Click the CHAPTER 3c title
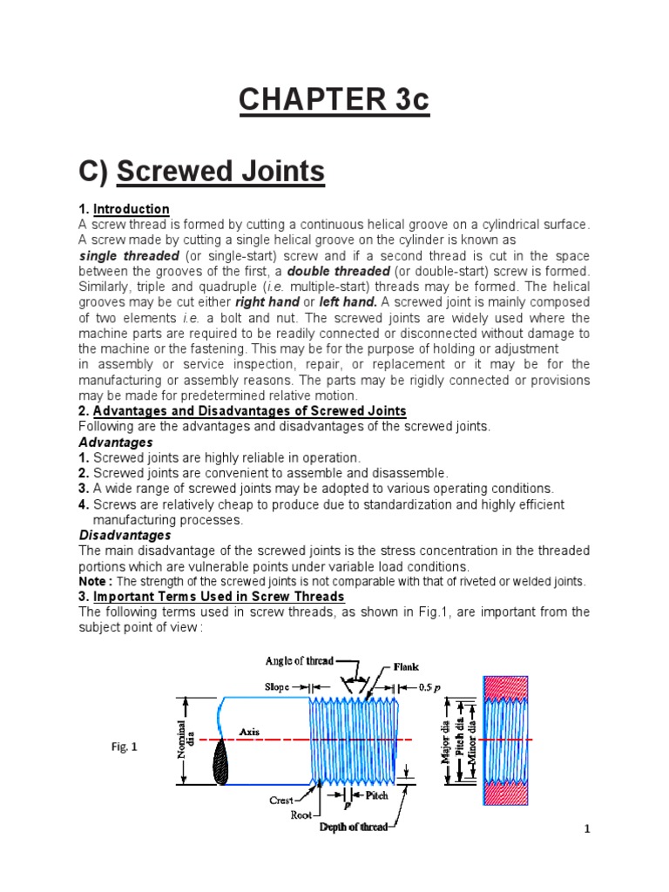tap(334, 101)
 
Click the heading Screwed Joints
tap(220, 172)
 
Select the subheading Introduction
tap(131, 209)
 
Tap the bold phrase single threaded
tap(129, 256)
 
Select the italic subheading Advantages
tap(116, 443)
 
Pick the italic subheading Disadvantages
tap(125, 535)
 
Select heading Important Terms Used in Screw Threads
tap(219, 597)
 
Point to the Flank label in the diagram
tap(406, 667)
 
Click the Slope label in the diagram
tap(276, 686)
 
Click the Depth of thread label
tap(353, 828)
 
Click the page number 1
tap(587, 828)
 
